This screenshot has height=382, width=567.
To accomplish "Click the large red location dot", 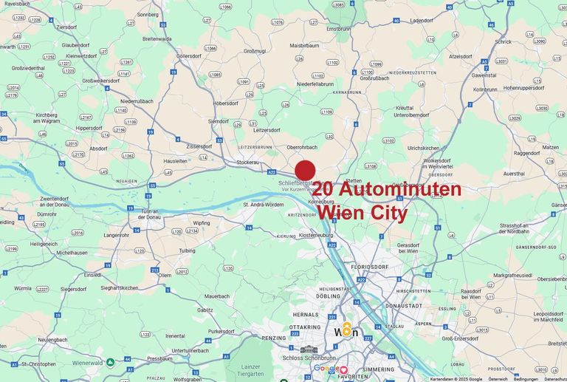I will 305,170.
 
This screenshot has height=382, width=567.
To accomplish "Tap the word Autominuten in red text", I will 399,190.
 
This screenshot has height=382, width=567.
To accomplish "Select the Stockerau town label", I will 247,160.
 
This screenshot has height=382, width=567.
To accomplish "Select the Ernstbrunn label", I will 339,29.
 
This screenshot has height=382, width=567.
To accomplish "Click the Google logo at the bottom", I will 325,368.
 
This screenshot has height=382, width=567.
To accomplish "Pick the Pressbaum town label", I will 159,358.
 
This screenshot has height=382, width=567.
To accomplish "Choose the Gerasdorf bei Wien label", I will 419,247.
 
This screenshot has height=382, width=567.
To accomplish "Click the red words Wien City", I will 362,213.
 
